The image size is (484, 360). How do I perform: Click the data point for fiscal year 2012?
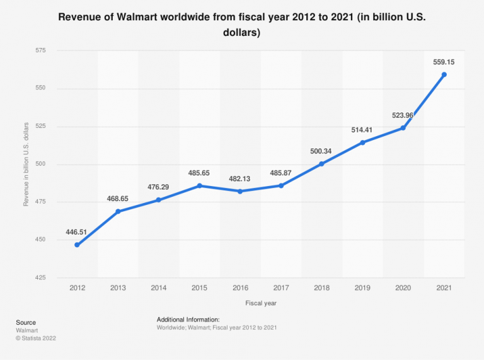coord(77,245)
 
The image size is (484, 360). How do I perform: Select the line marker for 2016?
coord(241,191)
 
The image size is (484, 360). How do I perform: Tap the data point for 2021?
coord(444,74)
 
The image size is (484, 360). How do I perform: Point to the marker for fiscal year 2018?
coord(322,164)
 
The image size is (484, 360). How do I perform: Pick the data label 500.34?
coord(322,151)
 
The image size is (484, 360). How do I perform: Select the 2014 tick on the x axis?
coord(159,287)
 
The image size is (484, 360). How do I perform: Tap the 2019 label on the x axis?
coord(362,287)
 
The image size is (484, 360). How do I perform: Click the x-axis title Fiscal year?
coord(261,303)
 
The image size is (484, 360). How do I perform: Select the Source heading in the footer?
coord(26,322)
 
